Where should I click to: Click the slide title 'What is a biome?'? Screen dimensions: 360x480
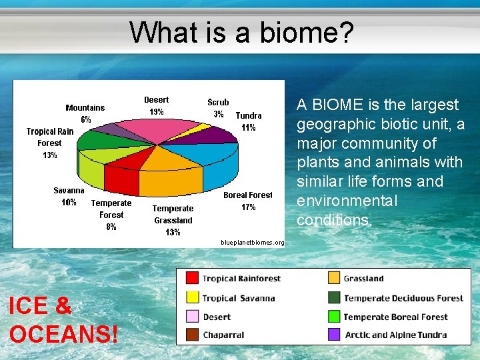coord(241,32)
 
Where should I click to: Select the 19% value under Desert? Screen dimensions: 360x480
coord(157,112)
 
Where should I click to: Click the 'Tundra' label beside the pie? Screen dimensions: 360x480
coord(248,115)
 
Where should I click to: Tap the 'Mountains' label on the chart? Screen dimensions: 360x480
coord(85,107)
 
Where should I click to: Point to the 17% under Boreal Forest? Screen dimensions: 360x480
coord(248,207)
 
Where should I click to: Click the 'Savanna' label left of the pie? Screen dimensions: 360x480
coord(69,190)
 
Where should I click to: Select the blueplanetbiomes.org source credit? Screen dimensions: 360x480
coord(252,243)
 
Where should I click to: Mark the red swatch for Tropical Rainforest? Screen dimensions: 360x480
coord(192,278)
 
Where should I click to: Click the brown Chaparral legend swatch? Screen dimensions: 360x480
coord(192,335)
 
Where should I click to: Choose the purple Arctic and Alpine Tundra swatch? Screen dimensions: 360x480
coord(333,335)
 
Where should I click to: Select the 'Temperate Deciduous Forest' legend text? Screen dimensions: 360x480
coord(403,298)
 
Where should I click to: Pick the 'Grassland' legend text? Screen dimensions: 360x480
coord(364,279)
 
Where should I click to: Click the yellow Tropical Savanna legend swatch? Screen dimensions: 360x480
coord(192,297)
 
